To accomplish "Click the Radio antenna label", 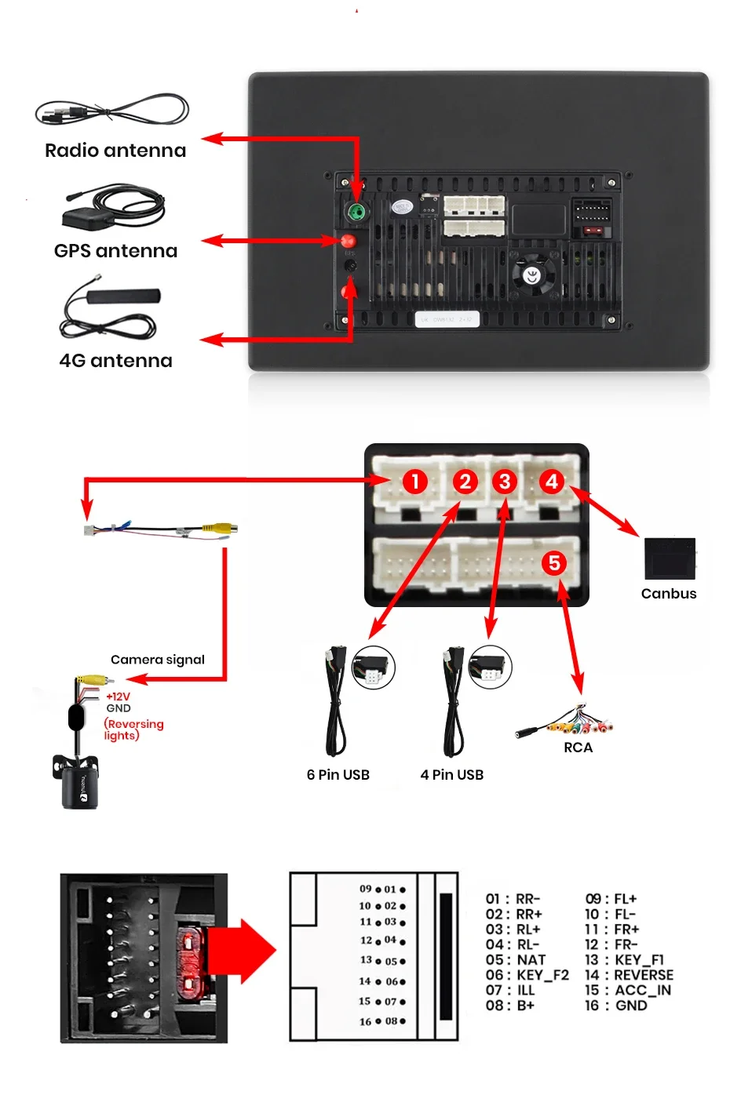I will [115, 151].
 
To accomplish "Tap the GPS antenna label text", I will [115, 251].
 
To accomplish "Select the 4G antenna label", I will [115, 361].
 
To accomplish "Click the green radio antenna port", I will [356, 211].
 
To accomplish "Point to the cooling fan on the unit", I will [533, 275].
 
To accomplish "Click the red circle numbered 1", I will [414, 482].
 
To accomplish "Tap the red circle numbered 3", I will [505, 482].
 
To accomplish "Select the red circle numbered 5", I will [554, 562].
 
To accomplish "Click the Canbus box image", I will [670, 558].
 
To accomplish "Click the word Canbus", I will [669, 594].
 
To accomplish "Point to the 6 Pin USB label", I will [338, 775].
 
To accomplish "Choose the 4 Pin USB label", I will [451, 775].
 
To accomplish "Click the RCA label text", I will [578, 748].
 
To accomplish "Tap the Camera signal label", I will [157, 660].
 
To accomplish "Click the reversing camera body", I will [78, 784].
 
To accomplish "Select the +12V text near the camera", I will [119, 697].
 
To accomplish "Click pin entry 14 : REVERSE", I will [629, 975].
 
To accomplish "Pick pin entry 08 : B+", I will [509, 1006].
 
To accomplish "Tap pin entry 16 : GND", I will [616, 1006].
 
